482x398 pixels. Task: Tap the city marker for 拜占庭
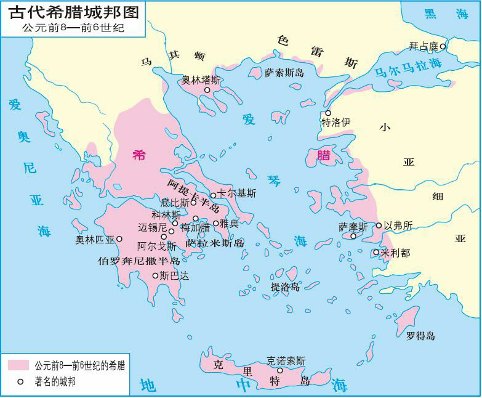click(443, 46)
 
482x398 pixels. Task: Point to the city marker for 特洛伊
click(328, 113)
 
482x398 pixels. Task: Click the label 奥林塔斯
click(201, 79)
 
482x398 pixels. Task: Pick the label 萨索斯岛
click(284, 73)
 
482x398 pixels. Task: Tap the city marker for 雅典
click(216, 223)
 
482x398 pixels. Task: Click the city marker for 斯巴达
click(155, 275)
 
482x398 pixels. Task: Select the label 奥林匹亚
click(95, 239)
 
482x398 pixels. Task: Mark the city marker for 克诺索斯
click(280, 370)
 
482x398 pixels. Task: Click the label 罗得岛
click(420, 336)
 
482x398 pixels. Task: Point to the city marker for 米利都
click(376, 252)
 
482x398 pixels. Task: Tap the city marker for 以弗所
click(379, 225)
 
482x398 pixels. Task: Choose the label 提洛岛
click(286, 286)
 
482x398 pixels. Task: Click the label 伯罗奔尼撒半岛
click(139, 260)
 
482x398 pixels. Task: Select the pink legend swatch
click(18, 365)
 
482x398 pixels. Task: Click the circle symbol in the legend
click(20, 382)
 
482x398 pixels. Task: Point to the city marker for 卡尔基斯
click(213, 195)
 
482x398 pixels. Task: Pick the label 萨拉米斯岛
click(214, 243)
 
